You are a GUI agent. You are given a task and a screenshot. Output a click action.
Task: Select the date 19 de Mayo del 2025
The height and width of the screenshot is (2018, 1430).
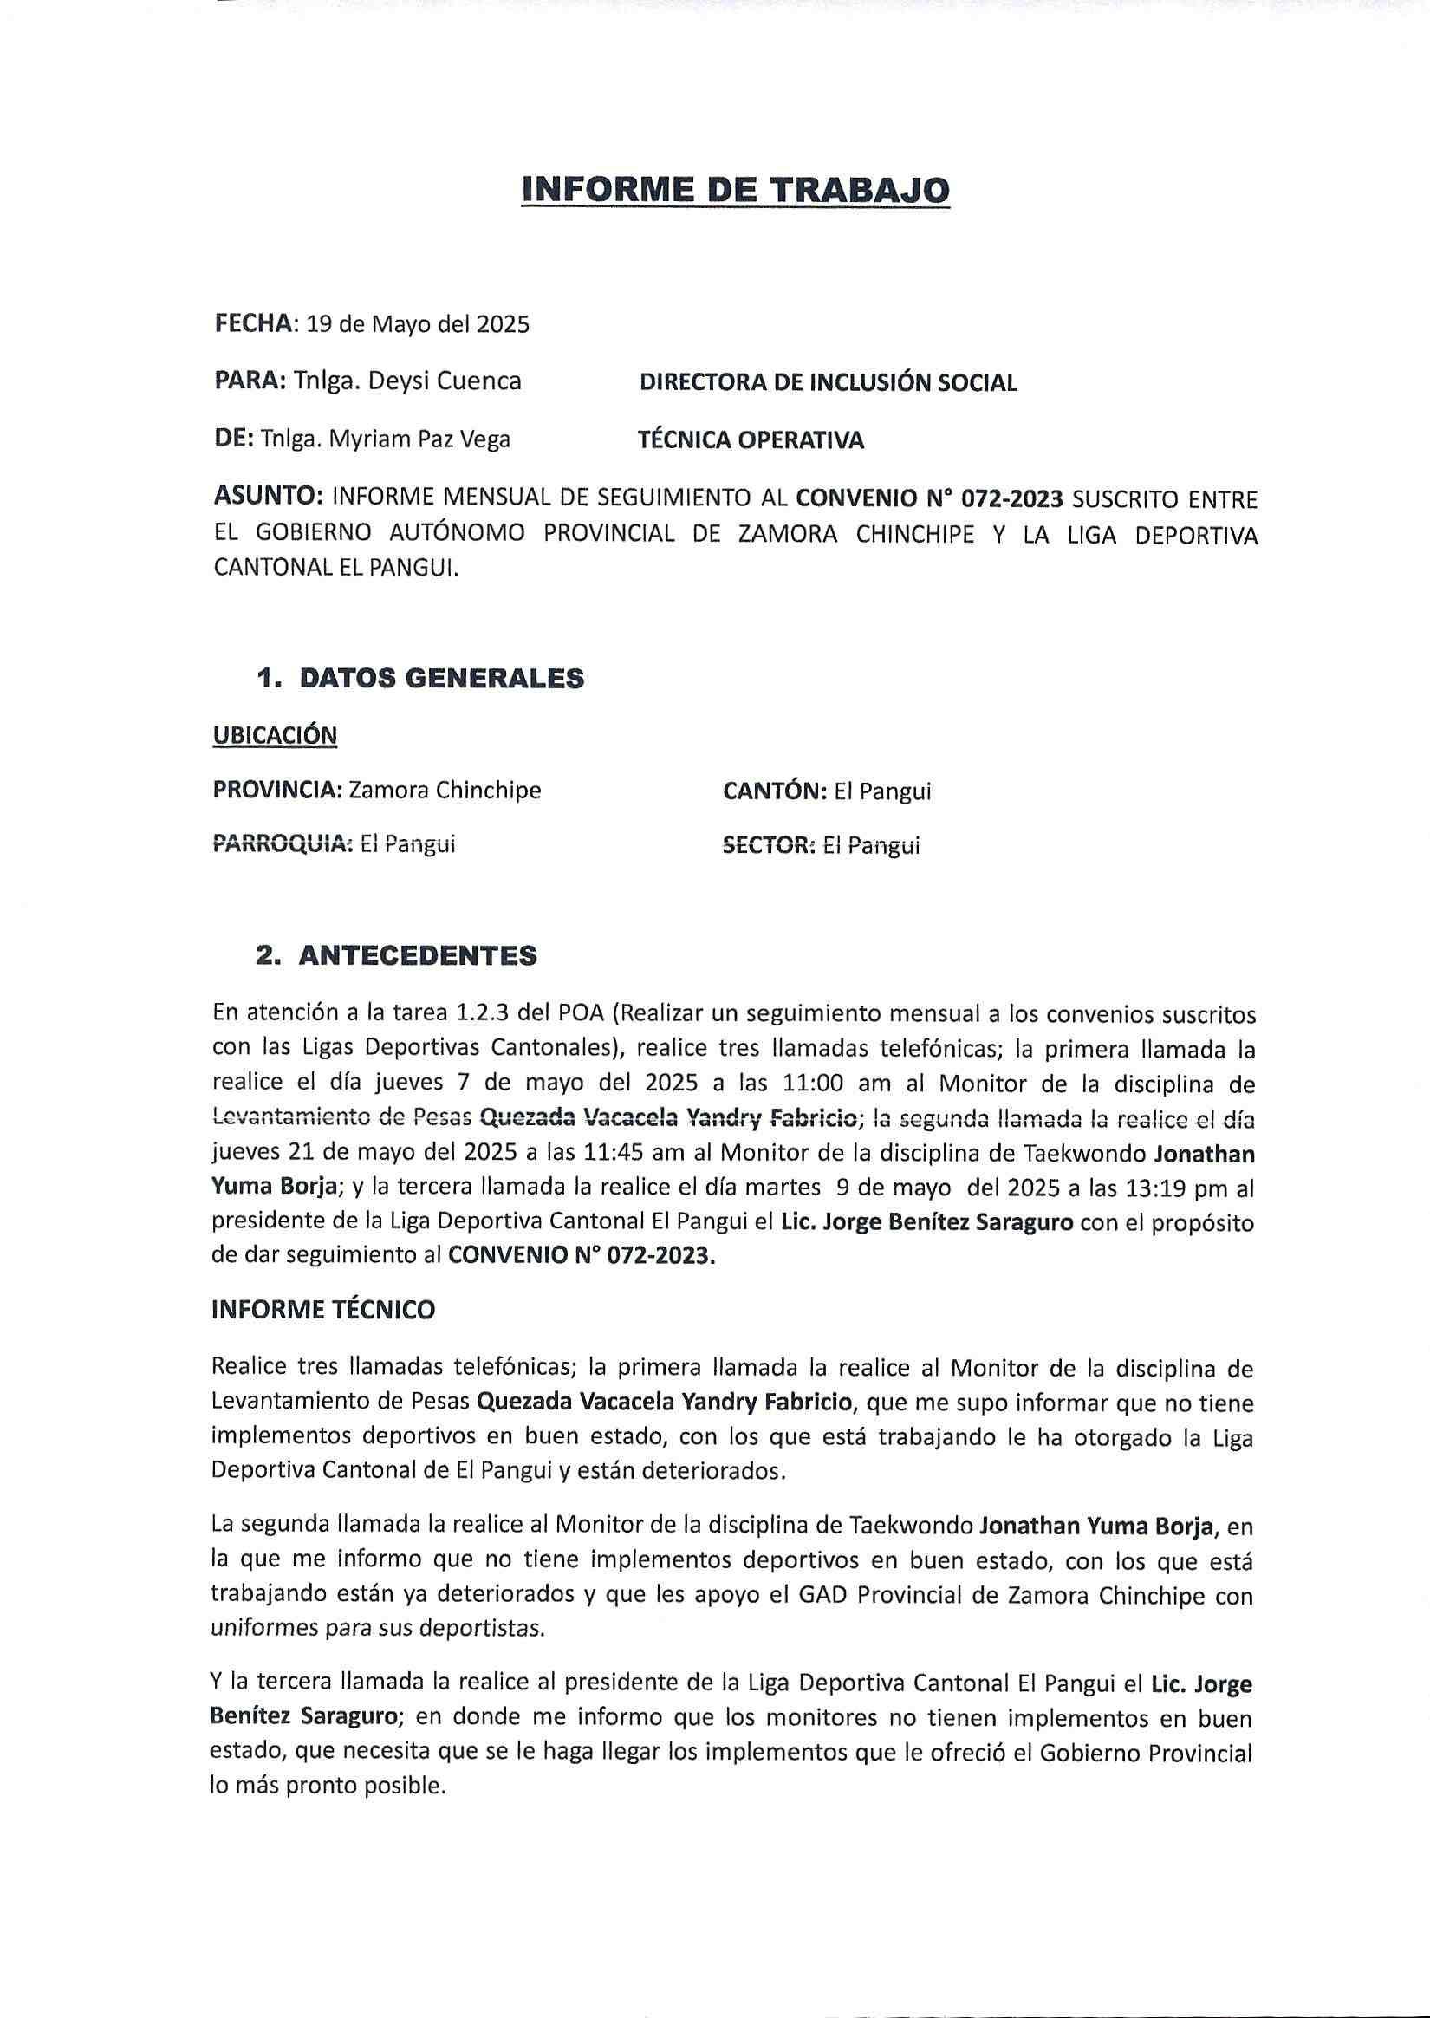point(417,324)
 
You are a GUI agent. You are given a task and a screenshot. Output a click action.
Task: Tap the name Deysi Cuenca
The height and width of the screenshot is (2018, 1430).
point(444,381)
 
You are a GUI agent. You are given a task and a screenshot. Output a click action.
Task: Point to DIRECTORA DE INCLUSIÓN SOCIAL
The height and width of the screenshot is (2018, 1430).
point(828,382)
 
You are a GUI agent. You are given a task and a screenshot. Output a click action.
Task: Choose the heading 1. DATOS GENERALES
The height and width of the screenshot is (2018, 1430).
point(419,678)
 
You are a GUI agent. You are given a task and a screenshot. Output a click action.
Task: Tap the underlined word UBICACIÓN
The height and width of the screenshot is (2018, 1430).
point(275,734)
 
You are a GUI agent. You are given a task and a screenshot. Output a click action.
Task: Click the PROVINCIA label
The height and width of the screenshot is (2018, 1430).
point(277,790)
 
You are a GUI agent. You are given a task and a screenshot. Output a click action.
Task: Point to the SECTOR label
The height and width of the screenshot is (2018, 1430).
point(768,845)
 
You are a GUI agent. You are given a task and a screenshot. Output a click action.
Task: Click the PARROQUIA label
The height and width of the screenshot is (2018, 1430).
point(282,844)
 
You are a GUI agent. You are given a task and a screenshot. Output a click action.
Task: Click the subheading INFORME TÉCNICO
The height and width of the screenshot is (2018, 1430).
point(323,1309)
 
